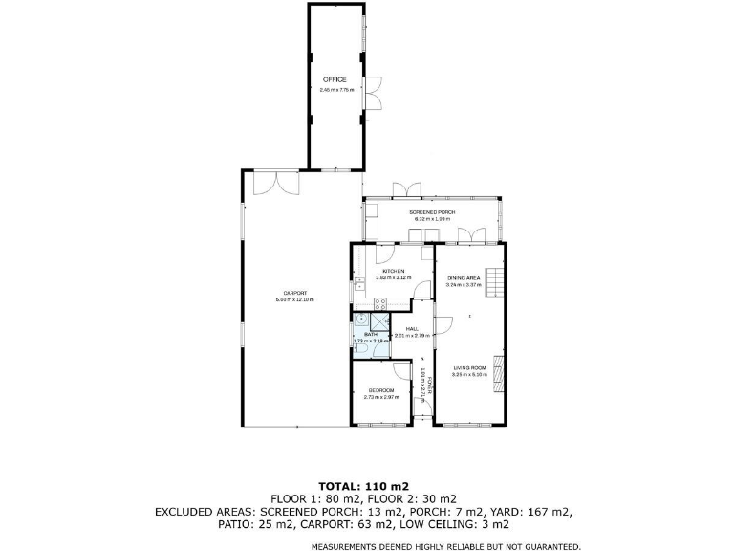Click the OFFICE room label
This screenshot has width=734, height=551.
tap(334, 79)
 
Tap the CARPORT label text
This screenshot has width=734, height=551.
tap(294, 292)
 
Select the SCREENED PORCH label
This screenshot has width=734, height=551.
tap(432, 211)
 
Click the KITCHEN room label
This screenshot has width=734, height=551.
tap(394, 271)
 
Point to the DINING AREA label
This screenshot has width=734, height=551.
tap(463, 277)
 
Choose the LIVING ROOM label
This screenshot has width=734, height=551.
tap(470, 367)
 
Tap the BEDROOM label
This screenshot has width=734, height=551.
tap(381, 390)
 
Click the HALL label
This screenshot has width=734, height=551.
tap(413, 328)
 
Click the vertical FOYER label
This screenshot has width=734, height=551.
tap(430, 386)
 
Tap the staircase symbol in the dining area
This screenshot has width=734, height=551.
tap(492, 282)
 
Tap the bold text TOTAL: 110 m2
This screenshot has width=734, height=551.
tap(366, 485)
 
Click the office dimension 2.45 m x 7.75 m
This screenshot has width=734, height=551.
tap(336, 90)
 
